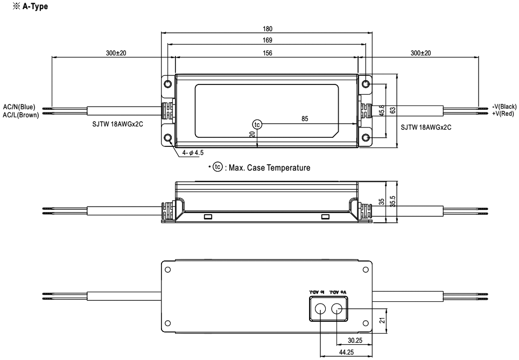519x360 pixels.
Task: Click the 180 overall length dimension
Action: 268,30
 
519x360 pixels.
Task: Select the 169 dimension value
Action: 268,40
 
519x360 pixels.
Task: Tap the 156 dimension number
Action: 268,53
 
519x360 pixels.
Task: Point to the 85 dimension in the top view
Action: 305,119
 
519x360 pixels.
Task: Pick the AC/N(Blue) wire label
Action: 19,107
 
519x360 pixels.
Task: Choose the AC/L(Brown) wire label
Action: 20,112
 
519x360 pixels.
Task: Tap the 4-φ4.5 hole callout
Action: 192,153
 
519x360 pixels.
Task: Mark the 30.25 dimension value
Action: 355,340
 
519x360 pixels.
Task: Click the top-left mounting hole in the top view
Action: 169,84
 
